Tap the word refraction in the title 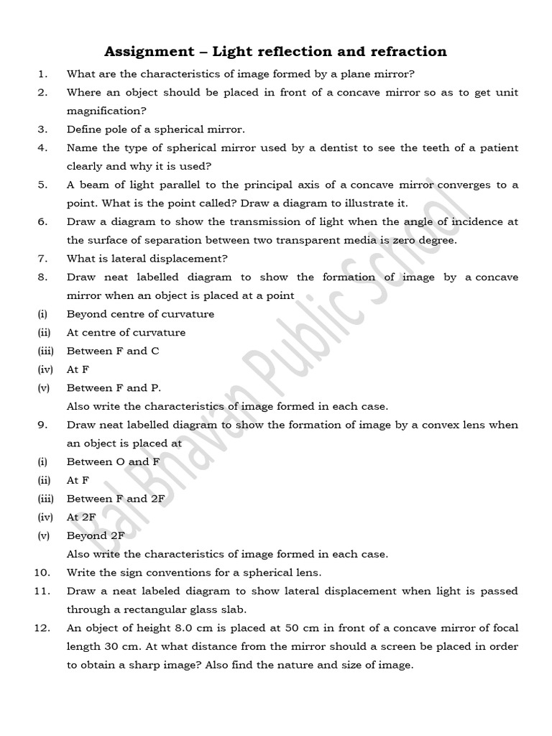click(x=402, y=51)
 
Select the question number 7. click(x=42, y=259)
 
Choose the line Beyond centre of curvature click(x=140, y=314)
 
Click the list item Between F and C click(x=113, y=351)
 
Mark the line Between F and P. click(x=114, y=388)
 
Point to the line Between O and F click(x=113, y=462)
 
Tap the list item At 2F click(x=82, y=517)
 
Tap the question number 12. click(x=41, y=628)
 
